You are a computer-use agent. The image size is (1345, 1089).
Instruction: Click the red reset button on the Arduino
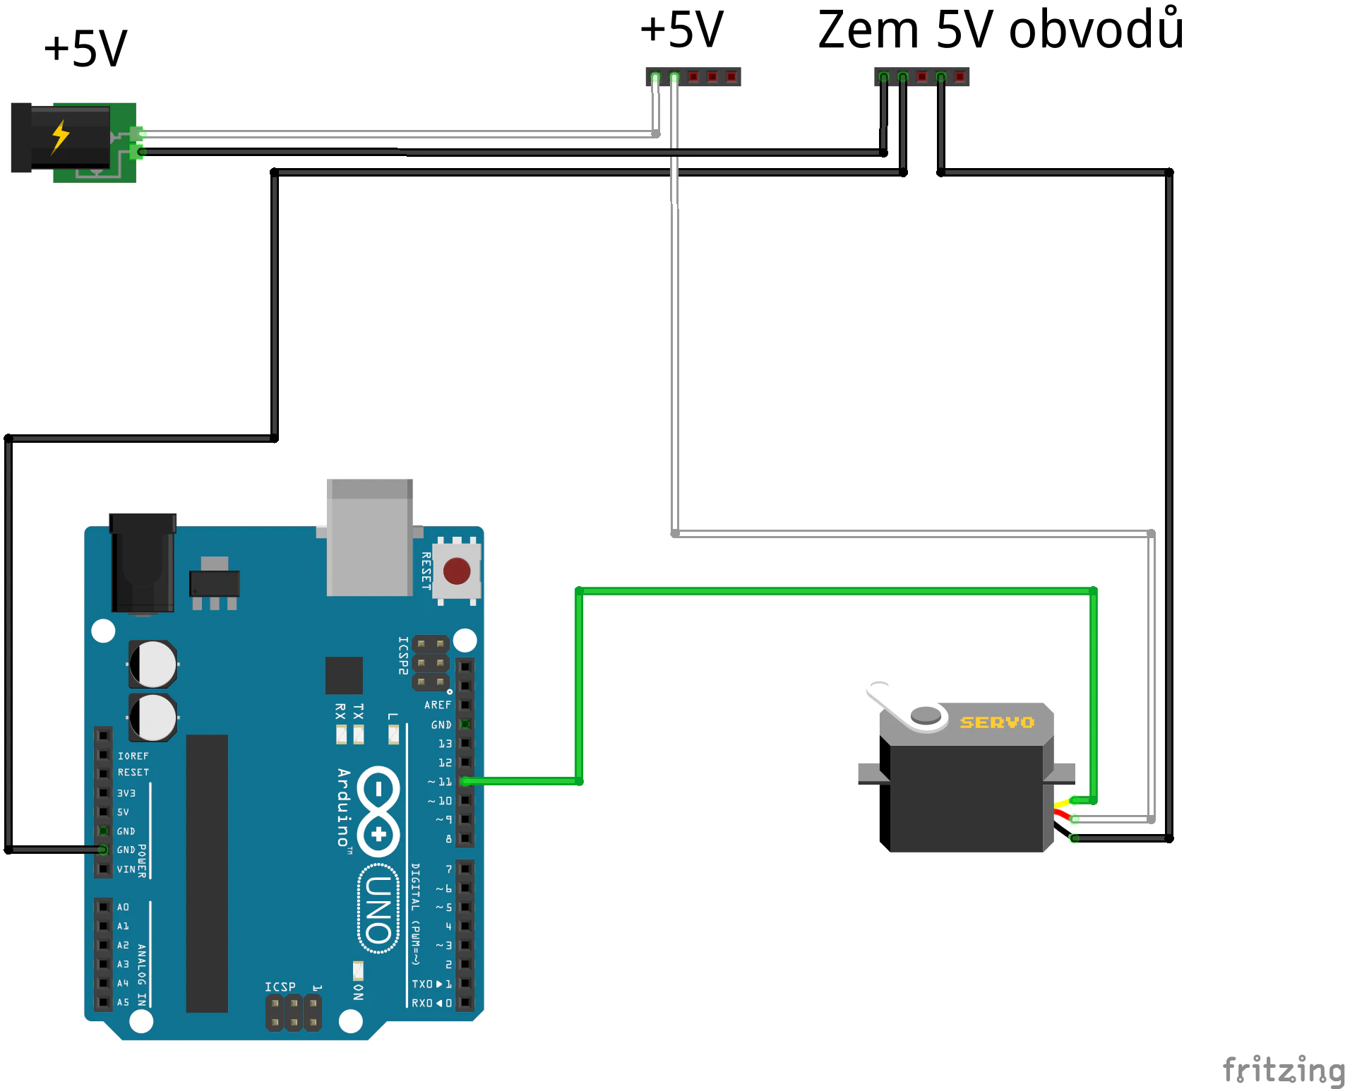point(457,571)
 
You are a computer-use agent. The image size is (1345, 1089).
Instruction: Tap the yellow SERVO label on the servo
point(997,722)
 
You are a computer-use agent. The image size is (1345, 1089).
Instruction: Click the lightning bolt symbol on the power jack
point(61,136)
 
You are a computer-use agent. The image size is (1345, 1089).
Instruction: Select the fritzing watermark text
point(1282,1070)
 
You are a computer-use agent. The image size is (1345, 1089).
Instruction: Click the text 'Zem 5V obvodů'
point(1000,30)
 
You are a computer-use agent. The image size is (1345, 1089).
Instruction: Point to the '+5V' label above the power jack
point(85,49)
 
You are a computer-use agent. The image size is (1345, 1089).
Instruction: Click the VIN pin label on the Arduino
point(126,869)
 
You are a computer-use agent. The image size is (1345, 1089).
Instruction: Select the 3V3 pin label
point(126,793)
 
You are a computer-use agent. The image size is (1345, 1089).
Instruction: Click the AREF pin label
point(438,705)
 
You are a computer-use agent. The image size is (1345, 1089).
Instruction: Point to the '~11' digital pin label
point(440,782)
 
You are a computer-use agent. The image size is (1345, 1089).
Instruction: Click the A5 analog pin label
point(124,1002)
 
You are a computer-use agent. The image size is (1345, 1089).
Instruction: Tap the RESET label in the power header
point(133,773)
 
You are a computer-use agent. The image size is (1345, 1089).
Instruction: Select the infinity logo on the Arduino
point(379,811)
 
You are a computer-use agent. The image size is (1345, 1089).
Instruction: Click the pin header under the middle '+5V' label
point(693,76)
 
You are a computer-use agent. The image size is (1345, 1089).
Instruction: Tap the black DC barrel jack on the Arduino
point(143,564)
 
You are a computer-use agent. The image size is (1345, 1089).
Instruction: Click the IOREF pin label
point(133,756)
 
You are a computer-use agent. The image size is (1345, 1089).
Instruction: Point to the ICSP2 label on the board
point(403,655)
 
